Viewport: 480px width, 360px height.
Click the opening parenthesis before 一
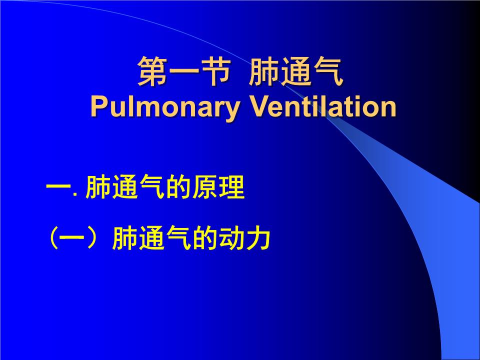click(x=52, y=239)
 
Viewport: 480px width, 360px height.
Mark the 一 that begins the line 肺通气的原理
click(x=58, y=189)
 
